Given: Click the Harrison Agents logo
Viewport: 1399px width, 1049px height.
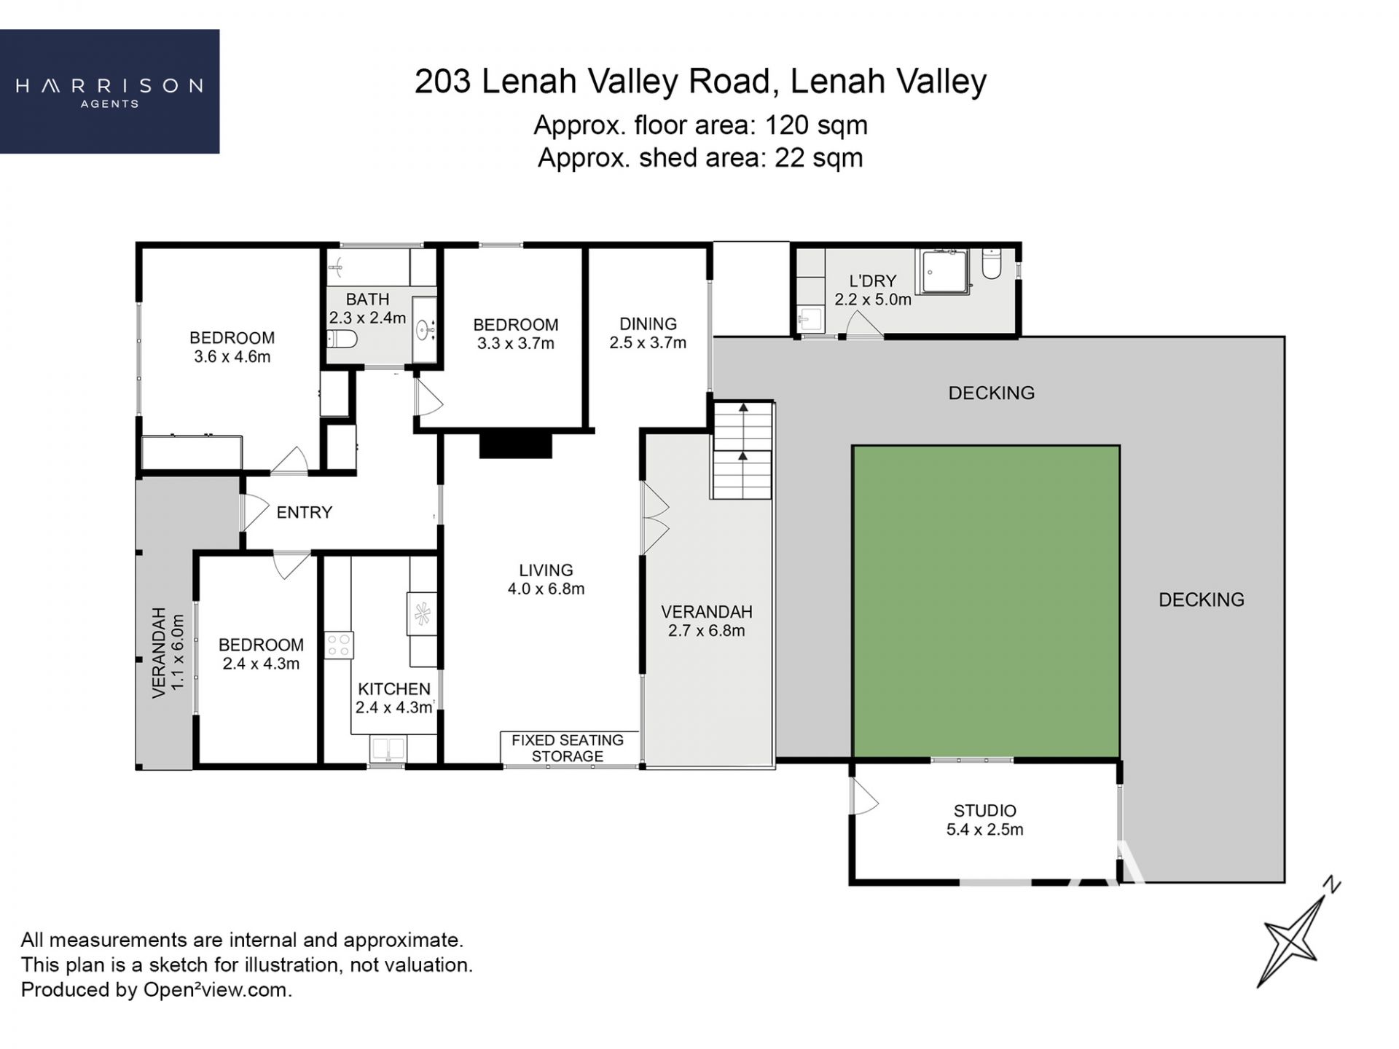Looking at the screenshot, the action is [109, 91].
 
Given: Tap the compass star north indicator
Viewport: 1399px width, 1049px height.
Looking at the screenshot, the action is [1299, 932].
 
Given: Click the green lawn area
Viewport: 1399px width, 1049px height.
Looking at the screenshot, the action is [986, 602].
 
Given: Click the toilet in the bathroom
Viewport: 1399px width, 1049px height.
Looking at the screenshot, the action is [342, 339].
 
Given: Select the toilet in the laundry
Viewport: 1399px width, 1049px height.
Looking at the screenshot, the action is [992, 264].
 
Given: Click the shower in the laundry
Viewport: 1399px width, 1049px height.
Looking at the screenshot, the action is [944, 271].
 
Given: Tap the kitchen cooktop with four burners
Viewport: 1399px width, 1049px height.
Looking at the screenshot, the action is [339, 645].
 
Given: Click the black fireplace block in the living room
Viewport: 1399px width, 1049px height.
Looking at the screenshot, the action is [515, 444].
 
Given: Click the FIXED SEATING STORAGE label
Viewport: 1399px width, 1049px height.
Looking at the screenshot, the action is [568, 748].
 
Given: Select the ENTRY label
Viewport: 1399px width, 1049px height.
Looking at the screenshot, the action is [304, 512].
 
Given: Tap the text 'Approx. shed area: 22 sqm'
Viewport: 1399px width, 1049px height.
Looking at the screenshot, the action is [700, 157].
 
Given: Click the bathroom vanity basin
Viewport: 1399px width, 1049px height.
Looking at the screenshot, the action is [424, 331].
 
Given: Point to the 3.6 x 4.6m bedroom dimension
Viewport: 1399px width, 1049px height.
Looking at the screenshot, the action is [232, 357].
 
